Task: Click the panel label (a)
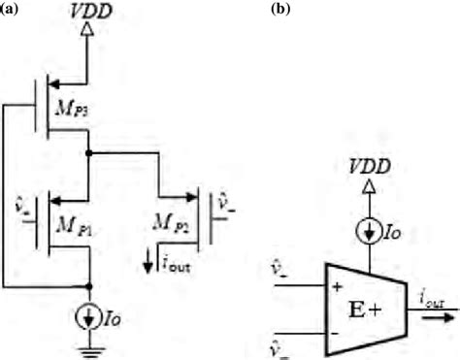pyautogui.click(x=14, y=9)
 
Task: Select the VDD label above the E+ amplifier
pyautogui.click(x=371, y=167)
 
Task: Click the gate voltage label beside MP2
pyautogui.click(x=222, y=205)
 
